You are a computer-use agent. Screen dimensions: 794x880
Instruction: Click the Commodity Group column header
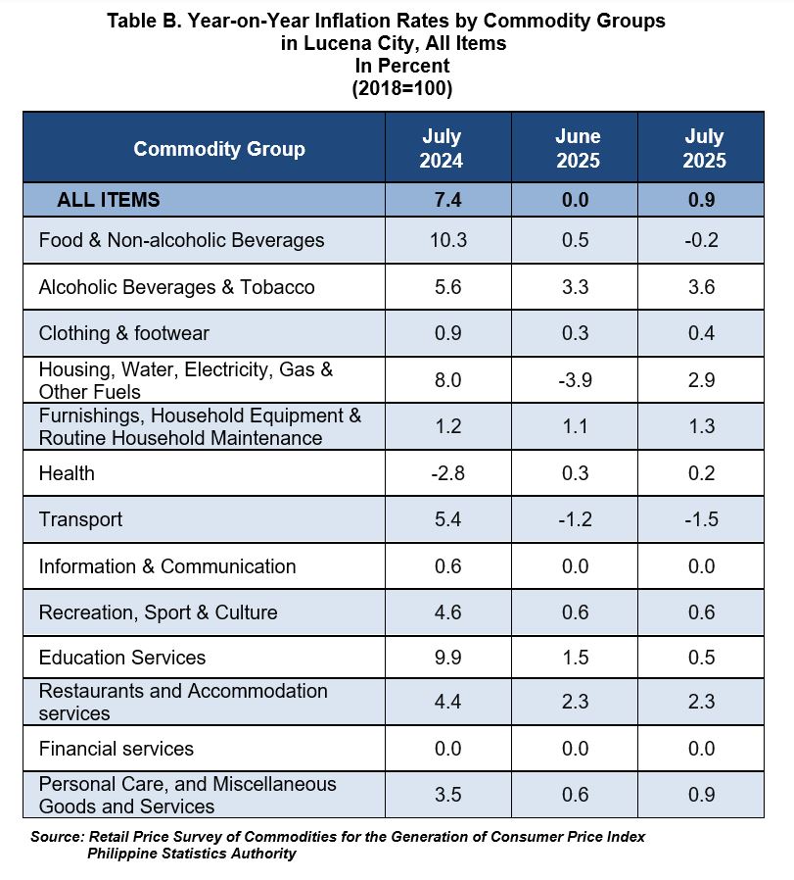tap(219, 149)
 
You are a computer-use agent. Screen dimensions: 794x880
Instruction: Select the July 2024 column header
tap(442, 148)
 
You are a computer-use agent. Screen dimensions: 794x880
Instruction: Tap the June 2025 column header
tap(578, 148)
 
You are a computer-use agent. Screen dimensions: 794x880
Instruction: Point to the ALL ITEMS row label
tap(109, 200)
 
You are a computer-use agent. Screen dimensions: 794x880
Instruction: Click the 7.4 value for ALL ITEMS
tap(448, 200)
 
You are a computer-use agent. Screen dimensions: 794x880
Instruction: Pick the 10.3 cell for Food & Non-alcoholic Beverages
tap(448, 240)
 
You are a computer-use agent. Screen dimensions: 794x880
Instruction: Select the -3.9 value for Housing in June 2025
tap(575, 380)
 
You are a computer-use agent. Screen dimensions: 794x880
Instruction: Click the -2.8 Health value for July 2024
tap(448, 473)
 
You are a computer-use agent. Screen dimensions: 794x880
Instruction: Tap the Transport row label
tap(80, 519)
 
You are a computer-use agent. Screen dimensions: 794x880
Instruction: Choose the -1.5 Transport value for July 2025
tap(701, 519)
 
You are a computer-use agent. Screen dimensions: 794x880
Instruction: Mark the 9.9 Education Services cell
tap(448, 658)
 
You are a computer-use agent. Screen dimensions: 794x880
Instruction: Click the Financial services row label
tap(117, 749)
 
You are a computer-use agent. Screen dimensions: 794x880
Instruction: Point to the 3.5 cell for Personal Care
tap(448, 795)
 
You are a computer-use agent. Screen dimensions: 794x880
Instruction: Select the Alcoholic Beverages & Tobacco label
tap(176, 287)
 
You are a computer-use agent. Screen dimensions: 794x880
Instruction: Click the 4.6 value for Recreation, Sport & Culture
tap(448, 611)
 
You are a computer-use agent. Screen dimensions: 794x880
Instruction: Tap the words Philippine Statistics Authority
tap(191, 854)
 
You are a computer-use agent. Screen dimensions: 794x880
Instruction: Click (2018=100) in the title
tap(402, 88)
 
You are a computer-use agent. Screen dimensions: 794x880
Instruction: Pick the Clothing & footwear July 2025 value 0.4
tap(701, 333)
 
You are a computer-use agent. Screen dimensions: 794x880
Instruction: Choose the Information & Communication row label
tap(167, 566)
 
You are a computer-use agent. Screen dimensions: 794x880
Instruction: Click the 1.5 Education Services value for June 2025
tap(576, 658)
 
